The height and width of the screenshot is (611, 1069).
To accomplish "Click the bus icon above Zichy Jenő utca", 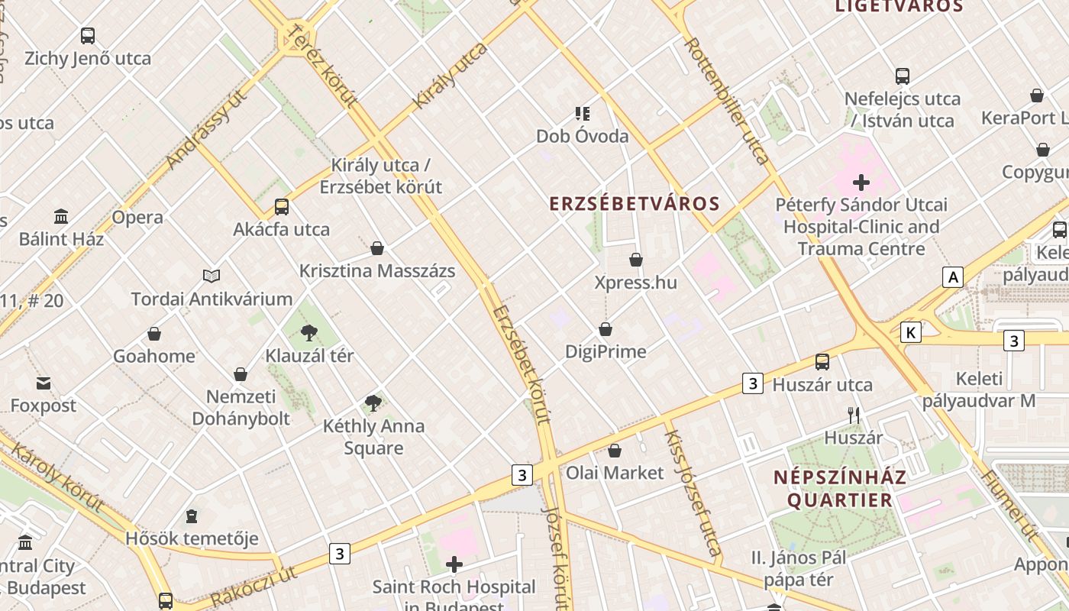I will [88, 35].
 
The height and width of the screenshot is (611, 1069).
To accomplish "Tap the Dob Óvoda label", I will [582, 136].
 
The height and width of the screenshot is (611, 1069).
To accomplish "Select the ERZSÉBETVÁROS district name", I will [635, 203].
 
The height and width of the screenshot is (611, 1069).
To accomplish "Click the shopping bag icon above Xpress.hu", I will [635, 260].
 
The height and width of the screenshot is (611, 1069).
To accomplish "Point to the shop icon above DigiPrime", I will [606, 329].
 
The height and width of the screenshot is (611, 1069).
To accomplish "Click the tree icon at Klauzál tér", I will [309, 332].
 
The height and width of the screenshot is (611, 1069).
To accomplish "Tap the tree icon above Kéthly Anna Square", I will [373, 402].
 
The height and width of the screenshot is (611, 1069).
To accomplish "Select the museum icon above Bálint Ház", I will [61, 217].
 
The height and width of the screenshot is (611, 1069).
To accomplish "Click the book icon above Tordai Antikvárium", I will [212, 276].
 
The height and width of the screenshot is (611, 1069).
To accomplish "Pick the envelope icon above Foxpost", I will [43, 383].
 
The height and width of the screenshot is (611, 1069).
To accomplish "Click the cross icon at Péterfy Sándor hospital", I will [861, 183].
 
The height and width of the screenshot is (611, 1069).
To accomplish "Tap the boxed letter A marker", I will [952, 276].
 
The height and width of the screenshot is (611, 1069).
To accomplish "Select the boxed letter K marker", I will [910, 332].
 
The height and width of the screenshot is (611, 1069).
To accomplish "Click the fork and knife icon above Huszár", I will [854, 415].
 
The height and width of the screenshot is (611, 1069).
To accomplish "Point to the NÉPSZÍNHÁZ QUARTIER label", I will [840, 489].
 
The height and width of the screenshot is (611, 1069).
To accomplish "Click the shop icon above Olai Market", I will [615, 451].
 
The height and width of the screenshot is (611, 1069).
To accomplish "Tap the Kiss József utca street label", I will [693, 493].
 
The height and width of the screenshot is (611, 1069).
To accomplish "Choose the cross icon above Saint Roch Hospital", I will [454, 564].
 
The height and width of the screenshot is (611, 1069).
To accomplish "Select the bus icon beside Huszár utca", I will [822, 362].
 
